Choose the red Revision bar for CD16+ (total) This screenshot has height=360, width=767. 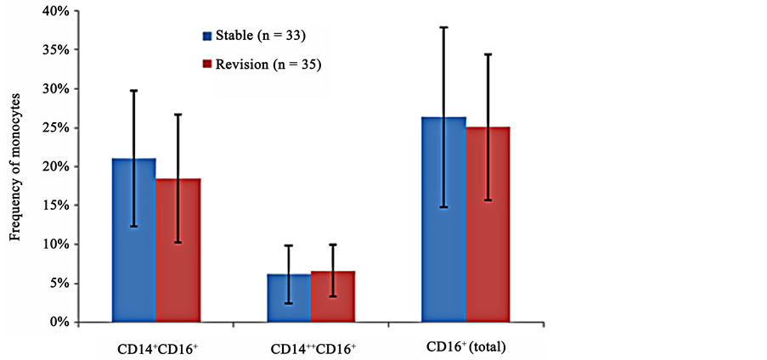click(x=488, y=224)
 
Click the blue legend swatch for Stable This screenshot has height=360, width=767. click(x=206, y=37)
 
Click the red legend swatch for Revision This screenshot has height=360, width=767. click(x=206, y=65)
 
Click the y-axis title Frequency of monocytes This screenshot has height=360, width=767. click(x=15, y=170)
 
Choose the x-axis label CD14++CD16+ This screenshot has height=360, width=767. click(x=311, y=349)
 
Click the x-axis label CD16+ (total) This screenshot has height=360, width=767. click(x=466, y=348)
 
